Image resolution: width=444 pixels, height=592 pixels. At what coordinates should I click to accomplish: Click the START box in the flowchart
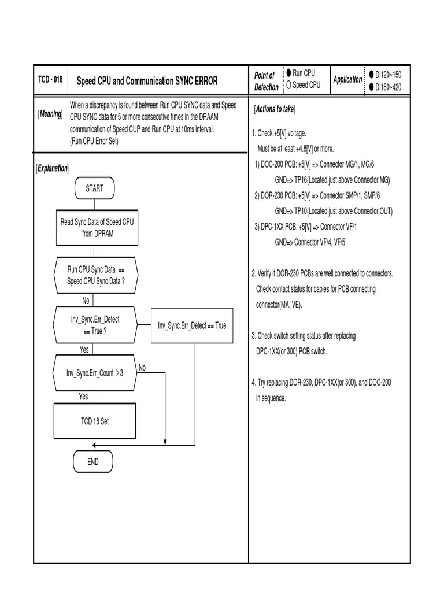(x=95, y=188)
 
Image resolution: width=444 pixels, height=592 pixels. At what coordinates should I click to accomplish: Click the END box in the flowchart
(x=93, y=462)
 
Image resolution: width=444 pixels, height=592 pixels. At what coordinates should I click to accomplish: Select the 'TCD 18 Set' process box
(x=95, y=421)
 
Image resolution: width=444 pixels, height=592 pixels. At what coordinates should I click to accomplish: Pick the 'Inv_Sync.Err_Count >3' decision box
(x=95, y=373)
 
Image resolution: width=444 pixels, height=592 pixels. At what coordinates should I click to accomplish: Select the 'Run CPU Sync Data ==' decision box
(x=95, y=275)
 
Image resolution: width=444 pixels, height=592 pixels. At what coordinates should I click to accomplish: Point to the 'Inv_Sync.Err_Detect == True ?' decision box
(x=95, y=325)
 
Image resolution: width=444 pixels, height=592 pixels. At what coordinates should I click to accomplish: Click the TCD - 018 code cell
(x=50, y=80)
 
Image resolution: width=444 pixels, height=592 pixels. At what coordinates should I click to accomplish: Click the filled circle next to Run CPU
(x=288, y=73)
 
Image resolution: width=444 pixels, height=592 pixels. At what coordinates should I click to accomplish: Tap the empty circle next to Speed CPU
(x=288, y=85)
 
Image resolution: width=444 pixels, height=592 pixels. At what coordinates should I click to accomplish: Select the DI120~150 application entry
(x=388, y=75)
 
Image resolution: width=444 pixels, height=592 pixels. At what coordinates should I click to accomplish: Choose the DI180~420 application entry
(x=388, y=87)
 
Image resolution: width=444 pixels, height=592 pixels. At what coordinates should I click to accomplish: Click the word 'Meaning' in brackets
(x=51, y=114)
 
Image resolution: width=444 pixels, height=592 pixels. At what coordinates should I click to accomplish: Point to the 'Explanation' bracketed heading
(x=52, y=168)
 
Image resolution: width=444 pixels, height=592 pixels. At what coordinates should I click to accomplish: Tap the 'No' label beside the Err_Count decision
(x=142, y=368)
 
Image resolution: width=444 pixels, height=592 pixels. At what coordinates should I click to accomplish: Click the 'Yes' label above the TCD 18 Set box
(x=84, y=397)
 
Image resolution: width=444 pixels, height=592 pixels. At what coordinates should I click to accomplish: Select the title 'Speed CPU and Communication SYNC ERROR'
(x=147, y=81)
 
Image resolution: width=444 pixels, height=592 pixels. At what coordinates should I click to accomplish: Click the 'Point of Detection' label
(x=266, y=81)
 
